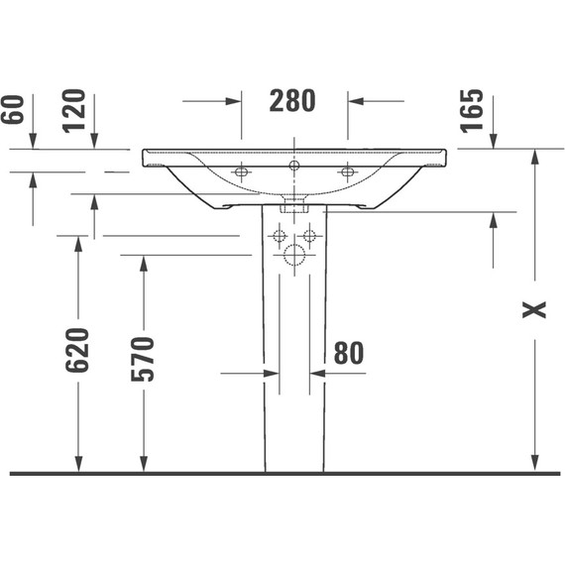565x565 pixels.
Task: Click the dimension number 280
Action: point(293,100)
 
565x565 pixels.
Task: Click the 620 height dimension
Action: point(77,350)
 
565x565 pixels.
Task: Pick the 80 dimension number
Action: point(349,353)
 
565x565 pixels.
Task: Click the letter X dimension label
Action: point(535,309)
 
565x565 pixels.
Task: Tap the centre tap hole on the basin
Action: point(293,165)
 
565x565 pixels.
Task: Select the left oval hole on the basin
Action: point(241,172)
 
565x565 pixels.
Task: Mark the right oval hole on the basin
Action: point(347,172)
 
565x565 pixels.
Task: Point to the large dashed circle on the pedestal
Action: point(293,256)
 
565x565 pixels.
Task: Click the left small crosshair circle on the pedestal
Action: point(279,236)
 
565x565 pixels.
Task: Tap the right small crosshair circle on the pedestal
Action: point(309,236)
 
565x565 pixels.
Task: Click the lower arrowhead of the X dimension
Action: point(535,466)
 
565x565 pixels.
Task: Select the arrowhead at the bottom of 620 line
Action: point(78,465)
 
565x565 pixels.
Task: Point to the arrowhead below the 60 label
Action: point(32,143)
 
